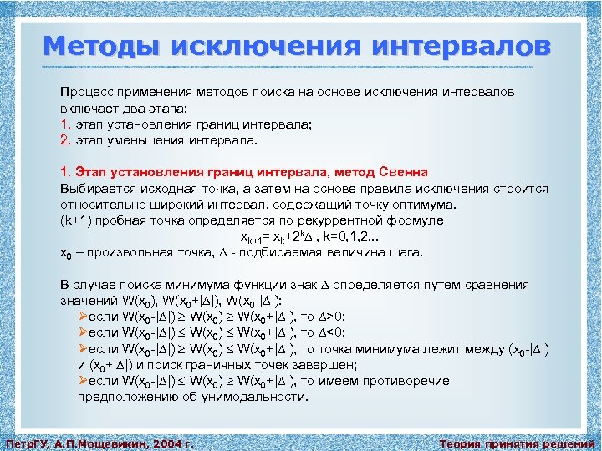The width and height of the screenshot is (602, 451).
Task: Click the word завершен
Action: (318, 365)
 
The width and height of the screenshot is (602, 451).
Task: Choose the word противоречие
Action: (407, 381)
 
